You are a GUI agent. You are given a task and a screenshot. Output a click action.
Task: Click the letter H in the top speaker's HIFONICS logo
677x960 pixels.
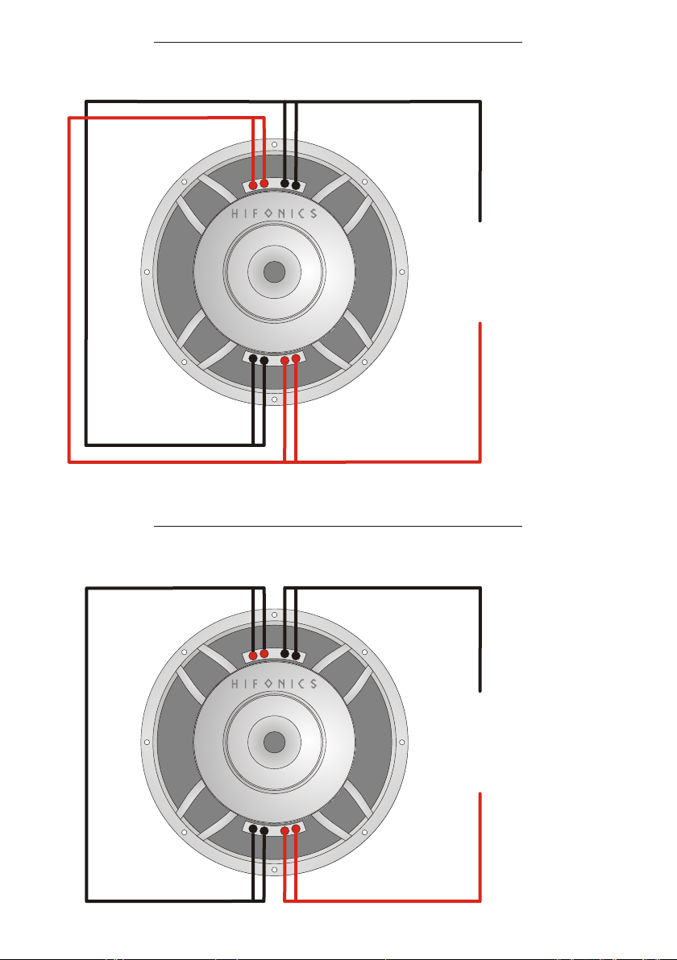tap(236, 213)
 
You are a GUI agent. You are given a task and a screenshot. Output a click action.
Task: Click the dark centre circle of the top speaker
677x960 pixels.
tap(275, 272)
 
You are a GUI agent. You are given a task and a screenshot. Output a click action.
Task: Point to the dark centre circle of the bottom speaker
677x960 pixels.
tap(275, 742)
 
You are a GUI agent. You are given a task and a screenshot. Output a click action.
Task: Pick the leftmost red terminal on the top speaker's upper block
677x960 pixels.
tap(253, 185)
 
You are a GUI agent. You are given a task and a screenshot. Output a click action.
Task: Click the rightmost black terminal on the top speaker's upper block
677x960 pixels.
tap(296, 185)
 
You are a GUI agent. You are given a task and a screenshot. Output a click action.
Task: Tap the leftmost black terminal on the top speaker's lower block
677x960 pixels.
tap(253, 358)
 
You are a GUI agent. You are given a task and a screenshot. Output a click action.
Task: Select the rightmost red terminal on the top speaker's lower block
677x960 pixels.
tap(296, 358)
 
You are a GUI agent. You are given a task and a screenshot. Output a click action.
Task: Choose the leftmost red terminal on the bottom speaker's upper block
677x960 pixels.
tap(253, 656)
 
